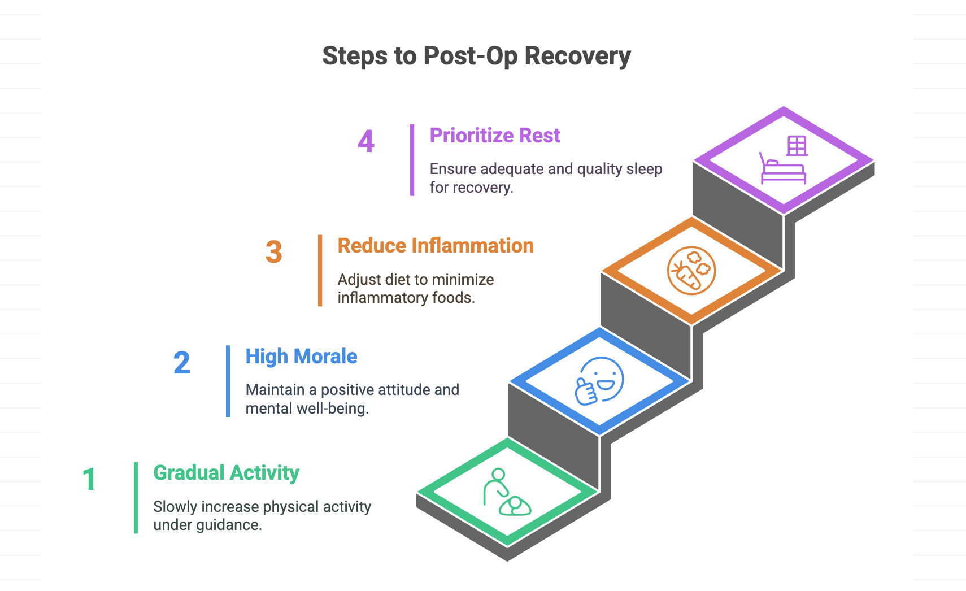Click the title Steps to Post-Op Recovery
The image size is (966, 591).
point(477,57)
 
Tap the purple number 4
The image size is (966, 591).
point(366,141)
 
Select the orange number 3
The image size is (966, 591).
point(274,252)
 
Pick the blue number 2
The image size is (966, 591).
point(181,363)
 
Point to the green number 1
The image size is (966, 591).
point(89,479)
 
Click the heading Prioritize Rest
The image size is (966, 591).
point(495,136)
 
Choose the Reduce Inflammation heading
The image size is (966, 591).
point(436,246)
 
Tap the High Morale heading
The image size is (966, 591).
point(302,357)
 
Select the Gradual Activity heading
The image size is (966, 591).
point(227,473)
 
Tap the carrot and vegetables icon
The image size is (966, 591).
point(691,271)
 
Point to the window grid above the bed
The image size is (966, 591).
point(797,145)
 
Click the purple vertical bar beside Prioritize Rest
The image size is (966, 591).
point(412,160)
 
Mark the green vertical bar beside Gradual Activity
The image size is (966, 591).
point(136,498)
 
